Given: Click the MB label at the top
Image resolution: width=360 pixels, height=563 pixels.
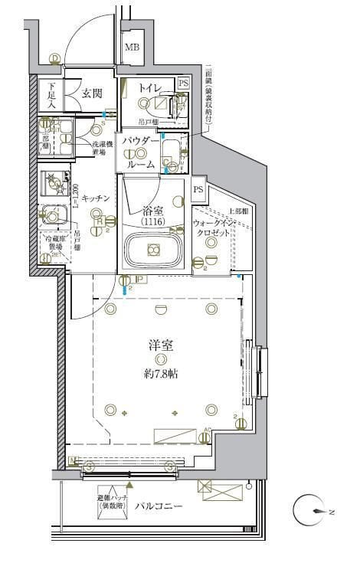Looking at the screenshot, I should [133, 47].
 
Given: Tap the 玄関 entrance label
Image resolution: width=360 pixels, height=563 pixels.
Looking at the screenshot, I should [92, 93].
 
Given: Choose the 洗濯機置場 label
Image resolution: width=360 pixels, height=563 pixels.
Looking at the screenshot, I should [103, 148].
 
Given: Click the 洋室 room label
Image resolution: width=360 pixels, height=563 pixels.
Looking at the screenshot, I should [160, 345].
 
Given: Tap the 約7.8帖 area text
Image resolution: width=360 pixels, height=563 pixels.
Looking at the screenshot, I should [160, 374].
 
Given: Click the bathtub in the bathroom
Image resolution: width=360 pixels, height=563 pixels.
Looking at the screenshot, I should [153, 250].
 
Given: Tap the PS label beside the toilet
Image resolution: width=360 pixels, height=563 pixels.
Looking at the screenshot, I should [183, 83].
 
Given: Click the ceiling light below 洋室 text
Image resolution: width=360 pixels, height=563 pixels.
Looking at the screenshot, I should [160, 359].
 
